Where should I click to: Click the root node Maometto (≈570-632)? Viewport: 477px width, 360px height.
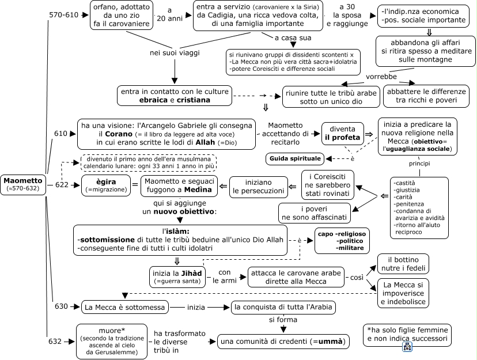point(23,184)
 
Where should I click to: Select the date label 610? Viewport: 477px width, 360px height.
point(60,134)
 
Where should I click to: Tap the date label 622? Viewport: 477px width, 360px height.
point(62,184)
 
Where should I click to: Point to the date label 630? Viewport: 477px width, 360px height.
point(61,306)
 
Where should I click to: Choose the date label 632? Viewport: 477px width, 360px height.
point(55,342)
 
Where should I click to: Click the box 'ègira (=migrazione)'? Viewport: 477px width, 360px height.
point(106,185)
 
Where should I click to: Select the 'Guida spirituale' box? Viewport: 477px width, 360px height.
point(295,159)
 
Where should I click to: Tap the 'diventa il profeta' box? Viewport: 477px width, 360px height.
point(342,133)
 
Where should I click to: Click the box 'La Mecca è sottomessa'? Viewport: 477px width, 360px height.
point(125,307)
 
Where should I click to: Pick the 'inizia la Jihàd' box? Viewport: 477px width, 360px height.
point(177,277)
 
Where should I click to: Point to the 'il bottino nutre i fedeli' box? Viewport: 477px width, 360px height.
point(403,264)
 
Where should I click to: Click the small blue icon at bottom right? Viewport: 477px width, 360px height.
point(407,347)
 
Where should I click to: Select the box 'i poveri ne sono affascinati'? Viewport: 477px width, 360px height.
point(314,213)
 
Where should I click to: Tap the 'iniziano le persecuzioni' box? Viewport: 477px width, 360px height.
point(258,187)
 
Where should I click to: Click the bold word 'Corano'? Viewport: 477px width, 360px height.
point(119,134)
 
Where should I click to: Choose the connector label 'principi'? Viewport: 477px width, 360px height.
point(419,164)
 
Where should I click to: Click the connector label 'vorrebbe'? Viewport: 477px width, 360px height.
point(381,77)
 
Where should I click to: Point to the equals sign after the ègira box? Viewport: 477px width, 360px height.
point(135,184)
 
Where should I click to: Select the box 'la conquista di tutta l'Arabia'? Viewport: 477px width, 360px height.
point(283,307)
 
